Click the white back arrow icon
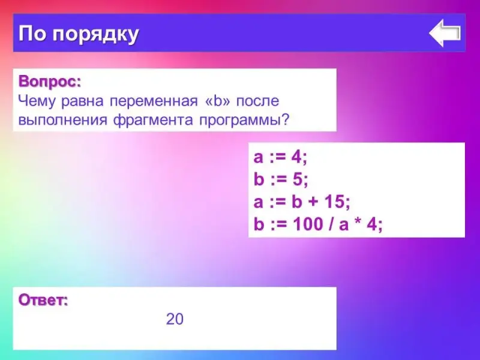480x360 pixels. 445,33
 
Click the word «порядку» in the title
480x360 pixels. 95,34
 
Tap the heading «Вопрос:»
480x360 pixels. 50,82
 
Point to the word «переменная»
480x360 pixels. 154,101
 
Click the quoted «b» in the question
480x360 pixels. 217,101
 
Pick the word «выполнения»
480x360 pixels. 63,120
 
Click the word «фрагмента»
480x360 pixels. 153,120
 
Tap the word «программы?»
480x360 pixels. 244,121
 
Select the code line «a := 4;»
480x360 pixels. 280,157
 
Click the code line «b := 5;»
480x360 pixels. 281,179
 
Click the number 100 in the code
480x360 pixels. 308,224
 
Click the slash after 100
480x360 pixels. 331,224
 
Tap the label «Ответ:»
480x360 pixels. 43,300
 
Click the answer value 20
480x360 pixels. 175,319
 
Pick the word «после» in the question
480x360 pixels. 257,101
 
